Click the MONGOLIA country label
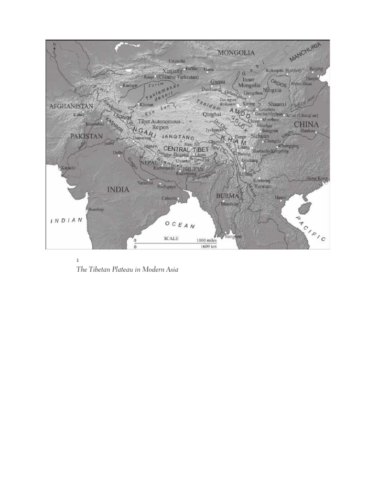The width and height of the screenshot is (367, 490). coord(236,53)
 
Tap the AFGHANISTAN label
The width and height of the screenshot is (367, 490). coord(71,105)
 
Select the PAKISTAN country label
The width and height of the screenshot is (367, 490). coord(86,136)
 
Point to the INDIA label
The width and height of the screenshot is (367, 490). coord(118,189)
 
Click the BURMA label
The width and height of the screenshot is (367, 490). coord(227,196)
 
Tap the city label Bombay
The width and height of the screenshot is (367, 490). coord(96,210)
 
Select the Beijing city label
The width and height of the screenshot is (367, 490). coord(316,69)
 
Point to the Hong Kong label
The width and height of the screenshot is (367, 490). coord(317,178)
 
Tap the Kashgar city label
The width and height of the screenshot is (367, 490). coord(130,85)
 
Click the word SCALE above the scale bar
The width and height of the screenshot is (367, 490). coord(171,238)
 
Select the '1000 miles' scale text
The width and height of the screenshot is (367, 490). coord(205,240)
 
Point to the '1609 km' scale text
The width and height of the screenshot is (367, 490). coord(206,247)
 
